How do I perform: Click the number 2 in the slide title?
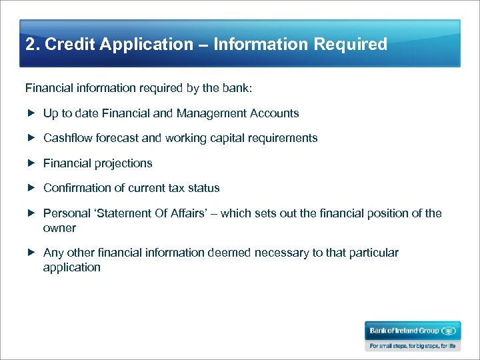point(29,45)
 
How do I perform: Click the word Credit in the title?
point(65,45)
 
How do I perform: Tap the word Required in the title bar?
point(350,45)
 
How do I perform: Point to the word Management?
point(210,113)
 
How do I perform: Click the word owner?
point(59,228)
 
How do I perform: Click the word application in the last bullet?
point(71,267)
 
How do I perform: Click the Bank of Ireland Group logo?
point(412,331)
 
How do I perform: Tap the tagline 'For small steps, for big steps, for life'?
point(412,346)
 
